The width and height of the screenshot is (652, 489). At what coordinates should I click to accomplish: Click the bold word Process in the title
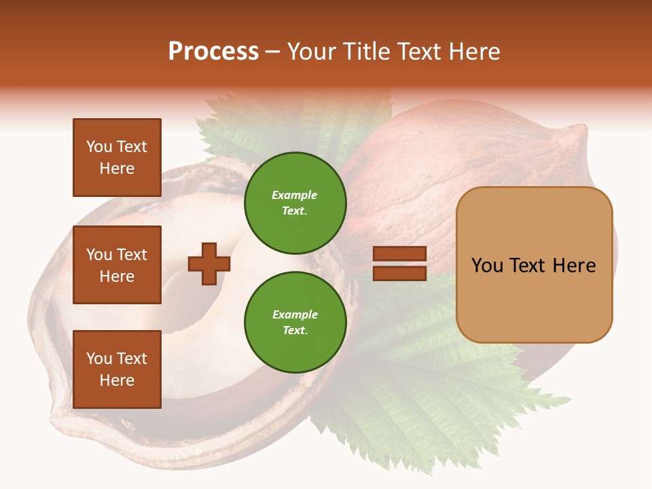click(x=213, y=52)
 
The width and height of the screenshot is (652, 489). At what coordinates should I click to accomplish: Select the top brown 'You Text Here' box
click(x=117, y=158)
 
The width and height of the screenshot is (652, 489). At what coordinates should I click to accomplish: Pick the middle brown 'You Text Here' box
click(x=117, y=265)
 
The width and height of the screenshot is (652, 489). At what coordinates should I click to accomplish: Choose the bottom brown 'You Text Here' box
click(x=117, y=369)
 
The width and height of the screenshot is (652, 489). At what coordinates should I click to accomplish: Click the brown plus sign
click(x=209, y=264)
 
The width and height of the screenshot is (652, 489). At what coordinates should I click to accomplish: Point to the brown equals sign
click(x=399, y=264)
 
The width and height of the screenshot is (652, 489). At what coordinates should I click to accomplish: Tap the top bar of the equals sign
click(x=399, y=254)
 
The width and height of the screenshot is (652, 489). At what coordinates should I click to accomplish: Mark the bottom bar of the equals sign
click(x=399, y=273)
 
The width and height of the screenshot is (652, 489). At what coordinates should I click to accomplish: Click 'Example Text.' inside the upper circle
click(x=295, y=202)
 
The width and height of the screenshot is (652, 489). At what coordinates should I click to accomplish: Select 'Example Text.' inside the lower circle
click(x=295, y=323)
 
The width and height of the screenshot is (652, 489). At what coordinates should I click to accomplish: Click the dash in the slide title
click(x=273, y=53)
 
